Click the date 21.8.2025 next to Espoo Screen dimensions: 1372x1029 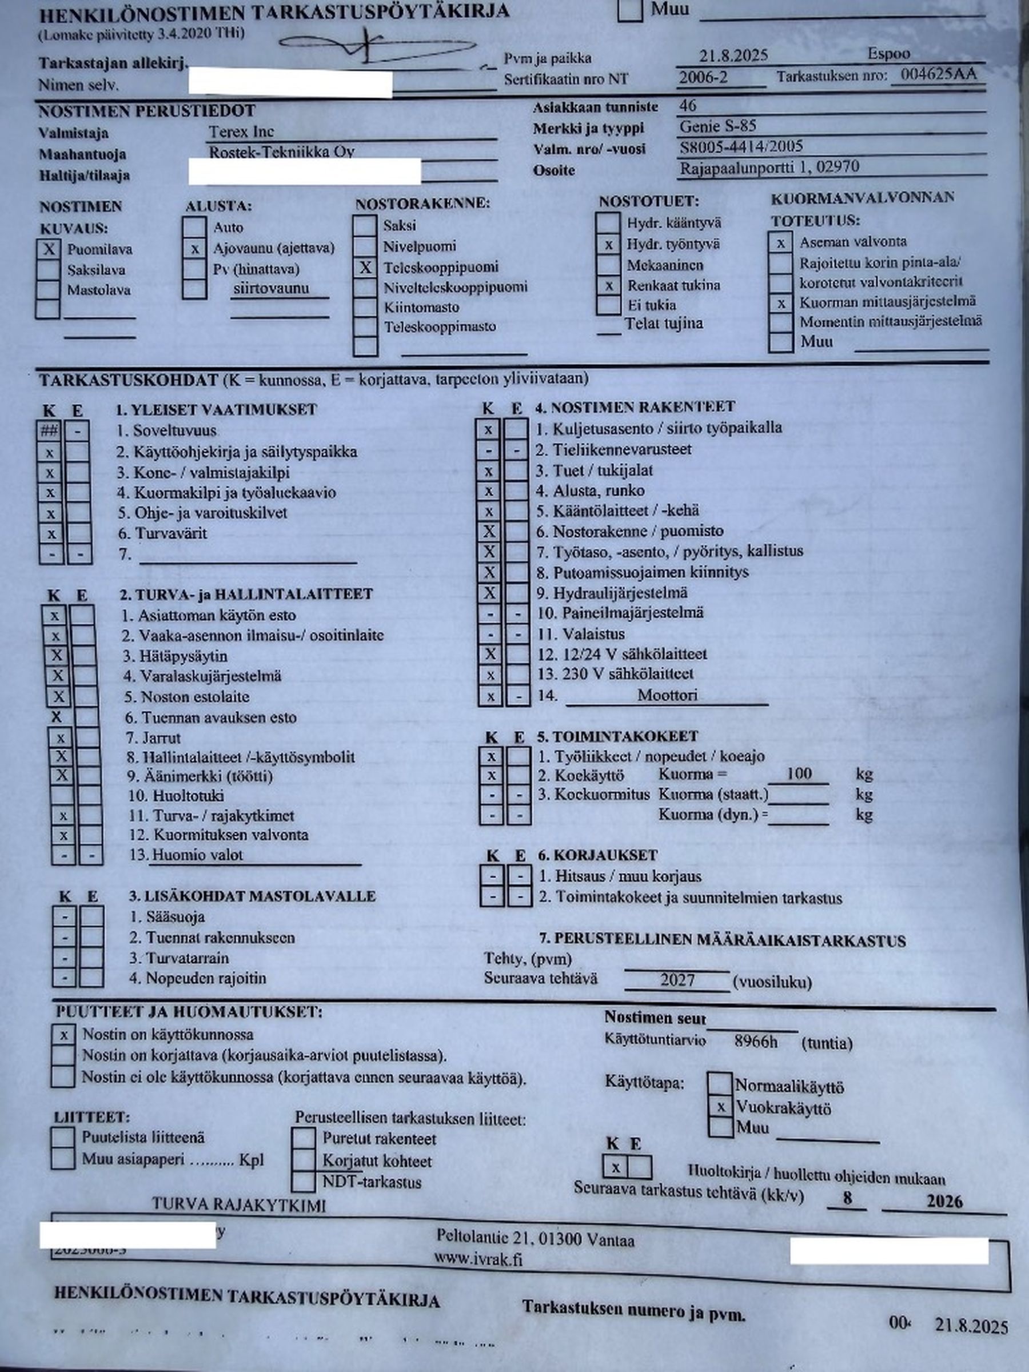734,56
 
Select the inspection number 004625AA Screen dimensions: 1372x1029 939,75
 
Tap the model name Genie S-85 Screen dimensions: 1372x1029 717,126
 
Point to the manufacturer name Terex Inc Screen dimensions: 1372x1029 241,131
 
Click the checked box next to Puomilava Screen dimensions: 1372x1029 48,249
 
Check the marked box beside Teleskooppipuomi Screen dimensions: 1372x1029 365,268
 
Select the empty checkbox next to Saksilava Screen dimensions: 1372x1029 48,270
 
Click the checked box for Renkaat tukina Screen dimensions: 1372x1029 608,286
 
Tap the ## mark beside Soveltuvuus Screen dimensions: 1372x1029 49,430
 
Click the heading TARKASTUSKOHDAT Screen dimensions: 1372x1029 129,380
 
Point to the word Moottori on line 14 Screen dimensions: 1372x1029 667,695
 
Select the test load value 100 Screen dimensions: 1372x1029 799,774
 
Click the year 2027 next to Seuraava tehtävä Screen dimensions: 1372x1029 677,980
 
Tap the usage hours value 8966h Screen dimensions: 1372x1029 756,1042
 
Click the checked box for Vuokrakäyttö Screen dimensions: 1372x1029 720,1107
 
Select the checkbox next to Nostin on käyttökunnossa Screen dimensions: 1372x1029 63,1035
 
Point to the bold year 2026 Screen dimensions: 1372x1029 944,1202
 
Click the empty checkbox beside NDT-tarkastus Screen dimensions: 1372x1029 304,1181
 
